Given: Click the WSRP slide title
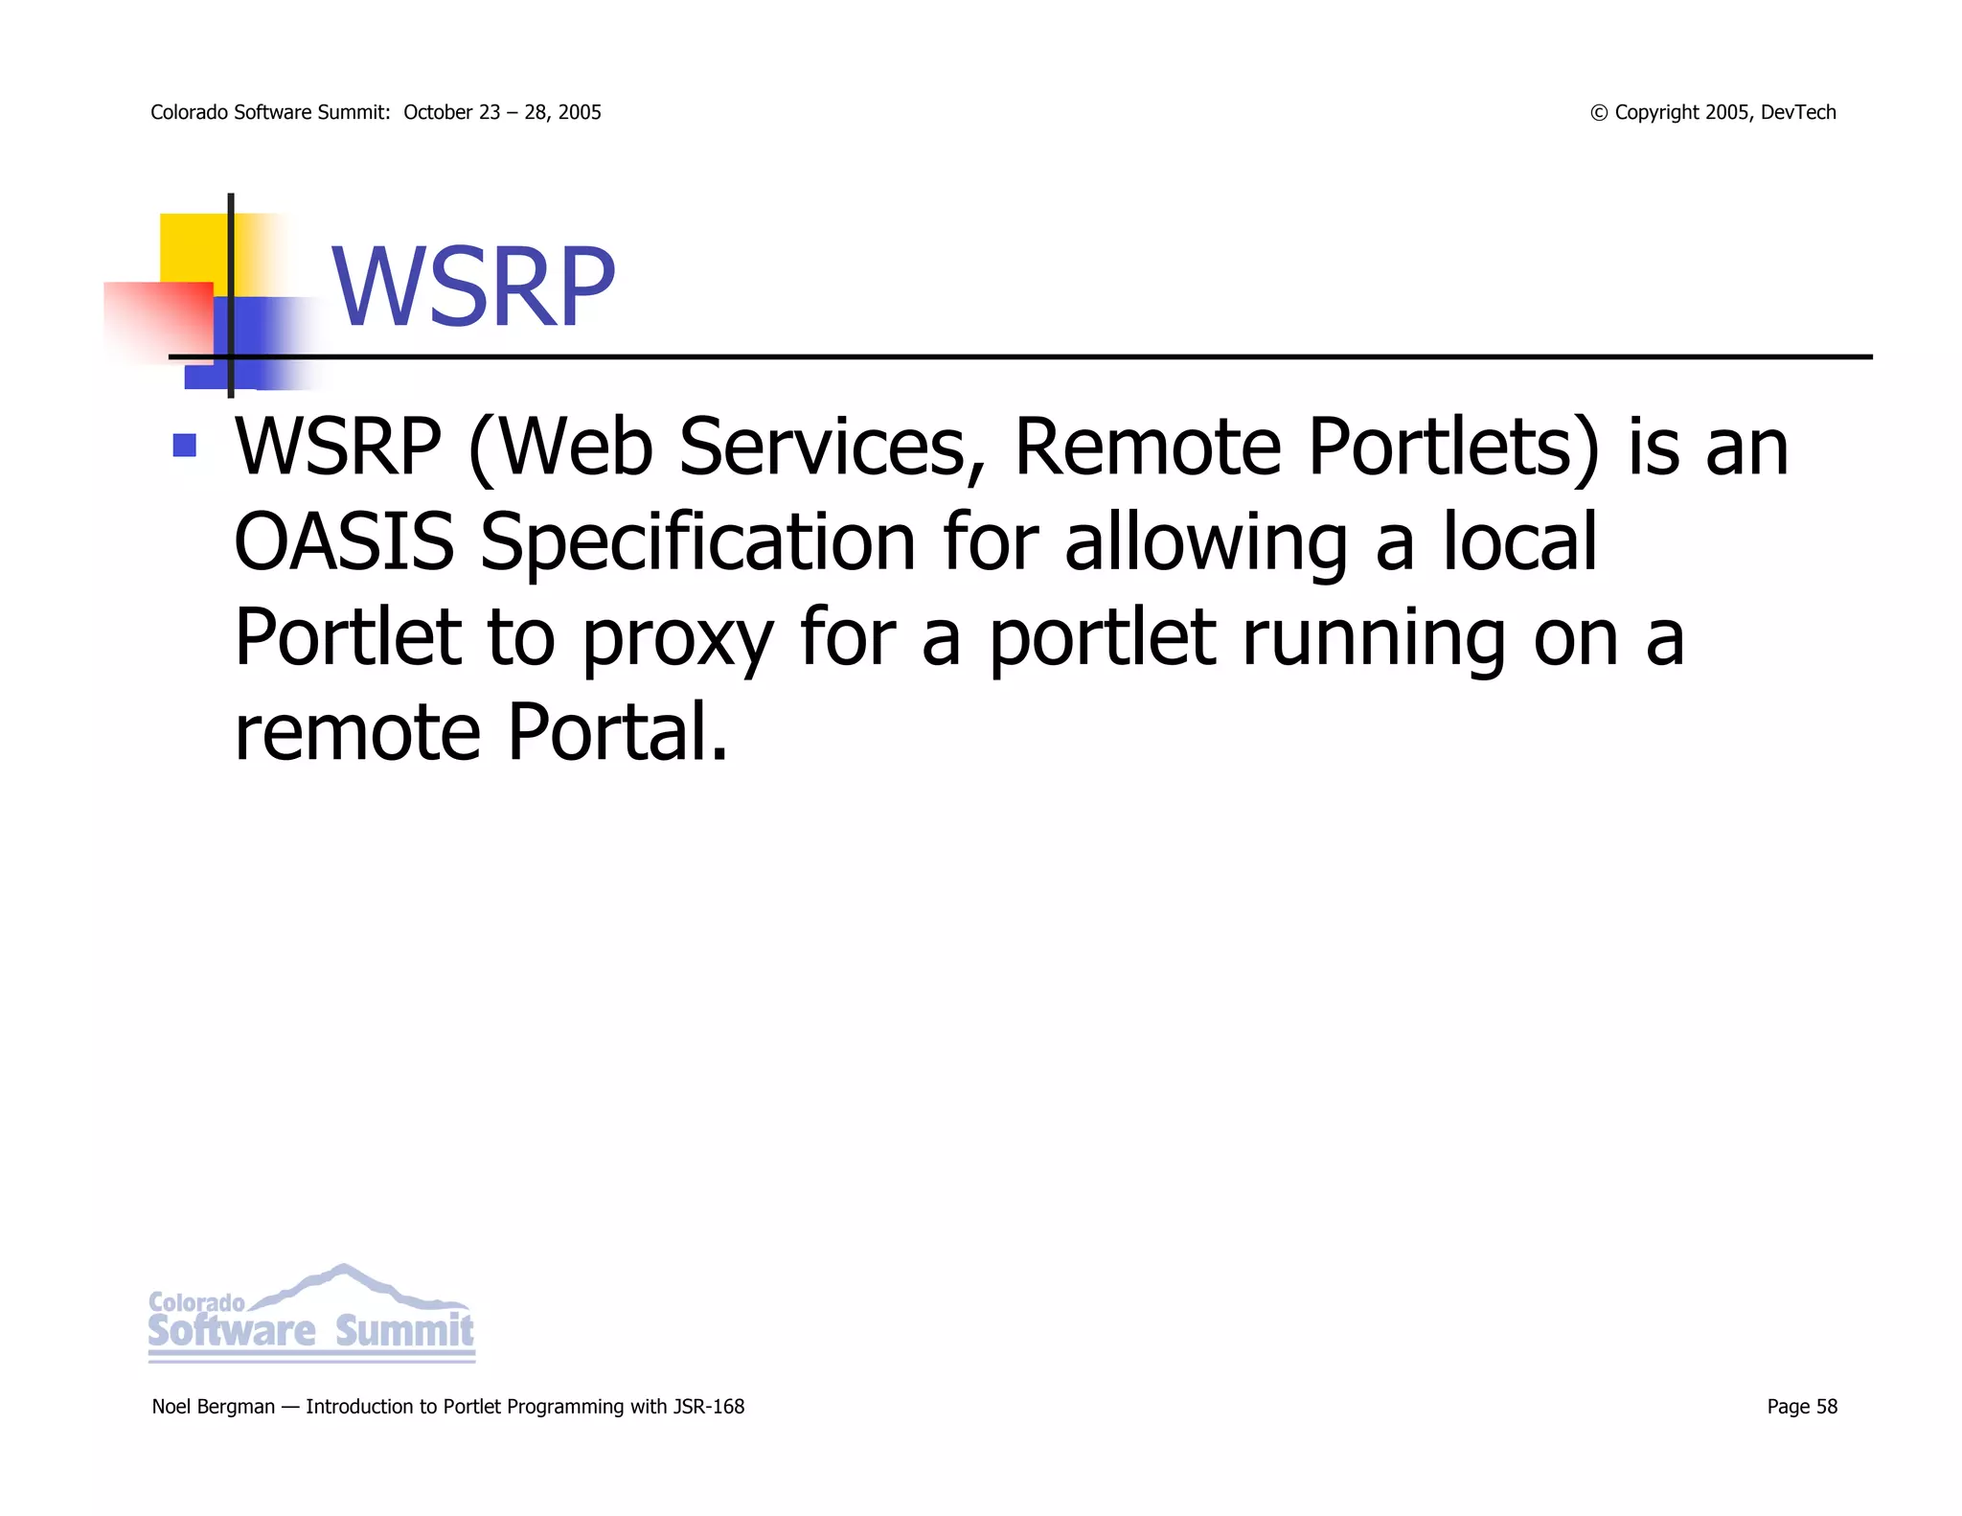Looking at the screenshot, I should point(473,287).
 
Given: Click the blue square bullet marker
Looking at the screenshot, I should point(185,446).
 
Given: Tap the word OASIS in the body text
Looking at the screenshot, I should point(344,541).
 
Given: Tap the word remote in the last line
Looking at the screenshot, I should point(357,732).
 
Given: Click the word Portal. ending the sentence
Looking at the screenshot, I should point(618,732).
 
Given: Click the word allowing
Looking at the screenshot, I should point(1206,543).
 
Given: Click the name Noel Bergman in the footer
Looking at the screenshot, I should point(213,1407).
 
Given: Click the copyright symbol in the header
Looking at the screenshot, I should point(1599,113).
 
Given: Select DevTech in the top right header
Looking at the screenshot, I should point(1798,112).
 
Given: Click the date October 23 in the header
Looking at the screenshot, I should point(451,112).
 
